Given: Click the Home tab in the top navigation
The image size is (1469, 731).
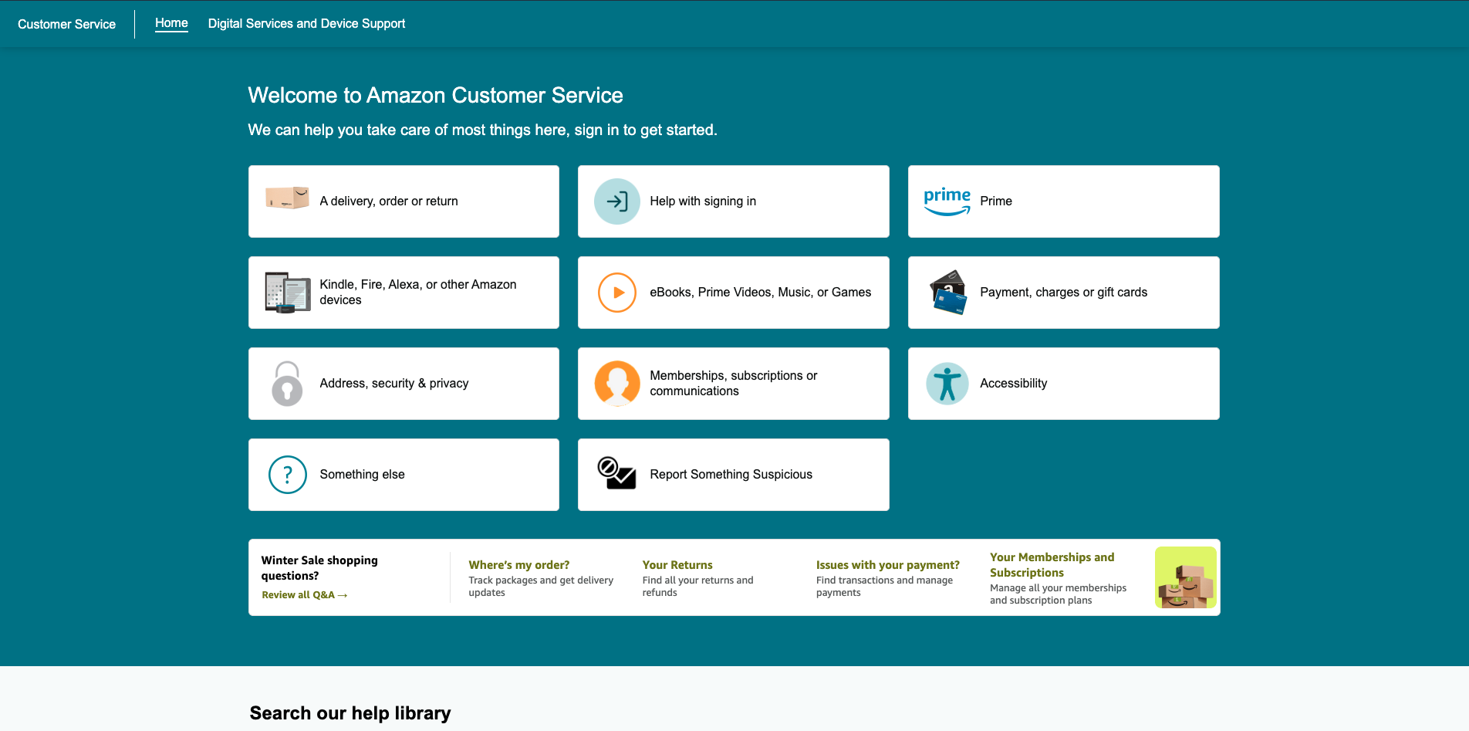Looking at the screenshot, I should [x=171, y=23].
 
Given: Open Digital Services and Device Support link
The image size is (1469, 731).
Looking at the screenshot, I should [x=306, y=24].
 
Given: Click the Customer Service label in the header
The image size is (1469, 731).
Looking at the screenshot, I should [x=66, y=24].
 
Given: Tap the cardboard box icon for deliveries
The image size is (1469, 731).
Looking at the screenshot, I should [x=287, y=198].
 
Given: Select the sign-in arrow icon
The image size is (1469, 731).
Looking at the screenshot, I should [x=617, y=201].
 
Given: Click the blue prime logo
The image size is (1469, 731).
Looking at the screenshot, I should [x=947, y=201].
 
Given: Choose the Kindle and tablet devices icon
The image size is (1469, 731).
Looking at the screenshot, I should [x=287, y=293].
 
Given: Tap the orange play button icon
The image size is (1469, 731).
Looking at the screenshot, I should [x=617, y=293].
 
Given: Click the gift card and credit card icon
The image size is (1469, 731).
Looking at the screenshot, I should [x=948, y=293].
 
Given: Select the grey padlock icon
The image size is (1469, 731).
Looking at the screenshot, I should [x=287, y=384].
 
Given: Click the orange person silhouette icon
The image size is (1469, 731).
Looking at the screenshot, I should [x=617, y=384].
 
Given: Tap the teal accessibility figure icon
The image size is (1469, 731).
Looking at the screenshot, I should [x=947, y=384].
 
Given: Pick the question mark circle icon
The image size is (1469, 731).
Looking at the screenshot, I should [x=288, y=475].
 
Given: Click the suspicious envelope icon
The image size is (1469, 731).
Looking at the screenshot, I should [x=616, y=473].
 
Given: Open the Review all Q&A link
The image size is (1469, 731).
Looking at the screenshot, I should [x=304, y=595].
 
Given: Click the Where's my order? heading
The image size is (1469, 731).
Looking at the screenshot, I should [x=519, y=565].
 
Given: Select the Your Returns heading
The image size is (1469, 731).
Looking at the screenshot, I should [x=677, y=565].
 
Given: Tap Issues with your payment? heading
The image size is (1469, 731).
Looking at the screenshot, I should [x=888, y=565].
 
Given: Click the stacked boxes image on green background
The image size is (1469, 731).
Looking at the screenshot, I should [x=1186, y=577].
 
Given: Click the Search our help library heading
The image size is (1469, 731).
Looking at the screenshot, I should [x=350, y=713].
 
